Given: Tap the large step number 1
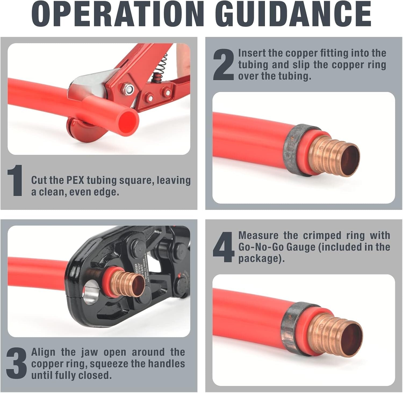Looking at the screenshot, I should (15, 181).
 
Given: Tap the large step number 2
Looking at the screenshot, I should (223, 65).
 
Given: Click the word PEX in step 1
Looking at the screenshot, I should (75, 180).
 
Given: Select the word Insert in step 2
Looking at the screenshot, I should (252, 53).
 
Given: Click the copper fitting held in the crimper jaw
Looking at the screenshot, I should (126, 284).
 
